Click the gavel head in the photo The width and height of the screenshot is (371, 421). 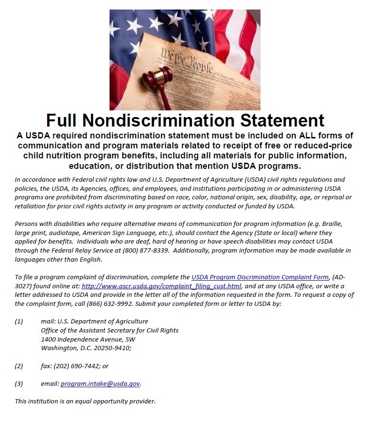158,76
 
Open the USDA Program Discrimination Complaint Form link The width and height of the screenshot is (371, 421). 260,277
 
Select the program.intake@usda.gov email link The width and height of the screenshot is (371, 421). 100,383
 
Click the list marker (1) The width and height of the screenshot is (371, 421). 19,321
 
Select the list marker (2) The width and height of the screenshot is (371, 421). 19,366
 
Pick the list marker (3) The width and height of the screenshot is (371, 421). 19,383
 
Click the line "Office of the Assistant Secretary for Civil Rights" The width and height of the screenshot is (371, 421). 110,330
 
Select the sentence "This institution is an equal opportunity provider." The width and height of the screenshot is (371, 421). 85,401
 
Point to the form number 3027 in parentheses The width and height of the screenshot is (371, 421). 26,286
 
